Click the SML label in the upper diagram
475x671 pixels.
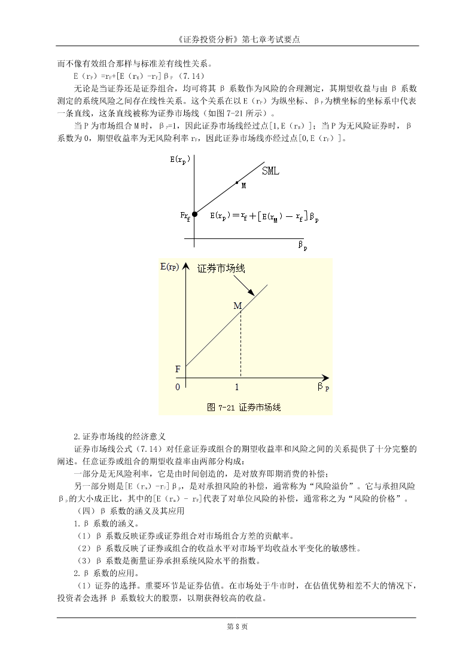coord(271,171)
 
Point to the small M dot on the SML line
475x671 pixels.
coord(237,182)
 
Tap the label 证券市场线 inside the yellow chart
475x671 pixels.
coord(221,269)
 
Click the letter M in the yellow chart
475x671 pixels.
coord(237,306)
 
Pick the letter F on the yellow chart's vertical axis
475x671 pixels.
coord(177,369)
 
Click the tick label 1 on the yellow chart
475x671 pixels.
coord(237,387)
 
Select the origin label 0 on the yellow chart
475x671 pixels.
coord(177,387)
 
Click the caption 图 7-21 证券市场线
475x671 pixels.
coord(243,407)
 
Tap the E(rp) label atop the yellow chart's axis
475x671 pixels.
coord(171,266)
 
